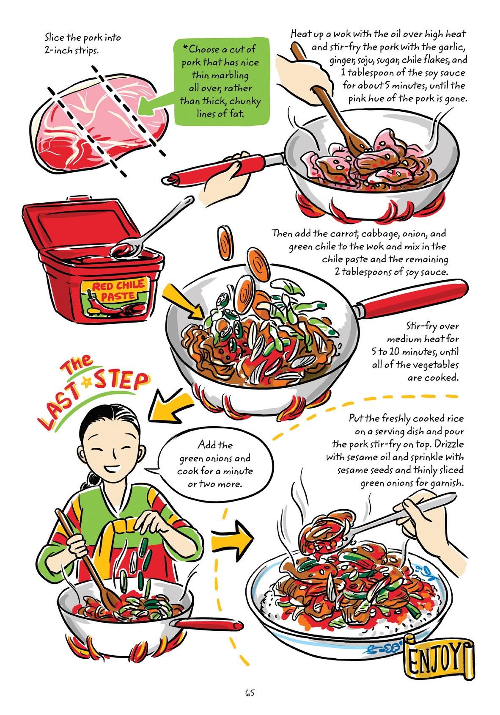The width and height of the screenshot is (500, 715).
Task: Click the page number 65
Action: tap(250, 693)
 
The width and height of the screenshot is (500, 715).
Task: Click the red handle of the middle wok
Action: tap(412, 298)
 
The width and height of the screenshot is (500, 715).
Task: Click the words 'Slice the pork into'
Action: tap(83, 37)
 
